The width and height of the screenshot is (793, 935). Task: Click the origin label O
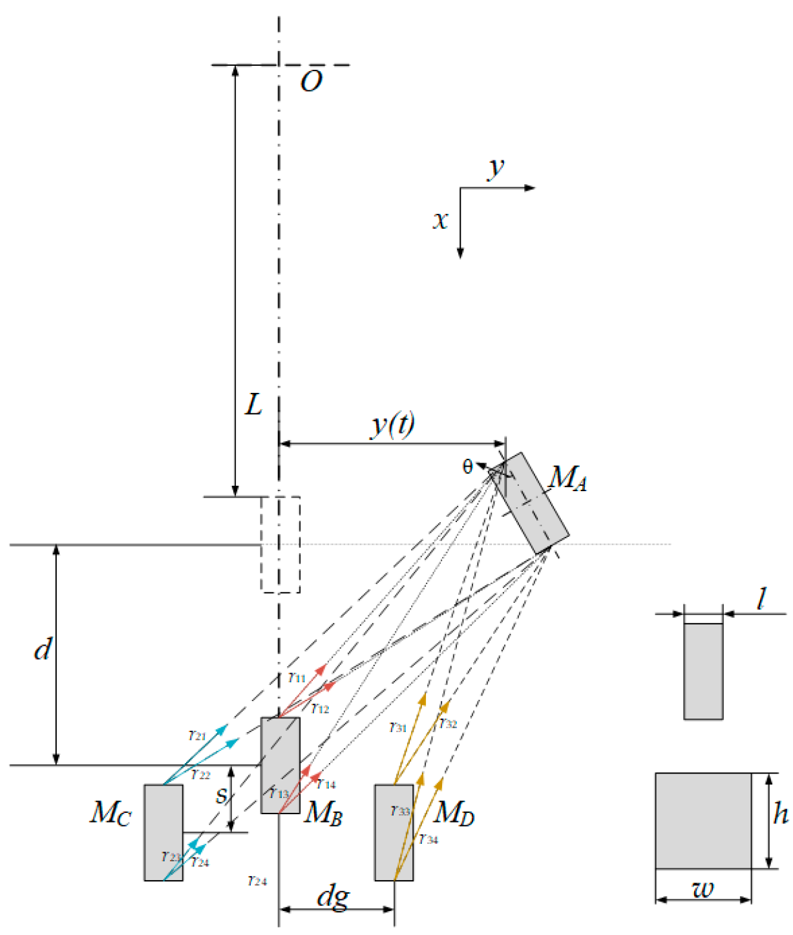coord(312,82)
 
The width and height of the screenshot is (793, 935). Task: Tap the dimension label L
coord(253,405)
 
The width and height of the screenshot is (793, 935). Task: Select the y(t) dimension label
coord(393,425)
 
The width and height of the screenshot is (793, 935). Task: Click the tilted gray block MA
coord(532,503)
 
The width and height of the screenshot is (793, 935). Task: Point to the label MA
coord(568,479)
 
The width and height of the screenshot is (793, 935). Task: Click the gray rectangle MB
coord(280,765)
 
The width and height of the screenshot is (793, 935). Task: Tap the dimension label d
coord(43,649)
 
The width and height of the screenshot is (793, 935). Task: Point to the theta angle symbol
coord(467,467)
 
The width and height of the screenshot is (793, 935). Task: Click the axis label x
coord(440,220)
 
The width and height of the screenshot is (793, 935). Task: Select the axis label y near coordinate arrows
coord(496,167)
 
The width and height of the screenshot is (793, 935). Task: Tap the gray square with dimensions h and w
coord(703,821)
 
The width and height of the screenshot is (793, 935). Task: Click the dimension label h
coord(780,813)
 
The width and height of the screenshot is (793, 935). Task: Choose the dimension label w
coord(703,890)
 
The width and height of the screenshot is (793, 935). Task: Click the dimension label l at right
coord(762,599)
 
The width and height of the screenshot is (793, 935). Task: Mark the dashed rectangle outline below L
coord(280,544)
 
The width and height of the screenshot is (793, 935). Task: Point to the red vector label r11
coord(297,678)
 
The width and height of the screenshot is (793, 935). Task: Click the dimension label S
coord(222,796)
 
